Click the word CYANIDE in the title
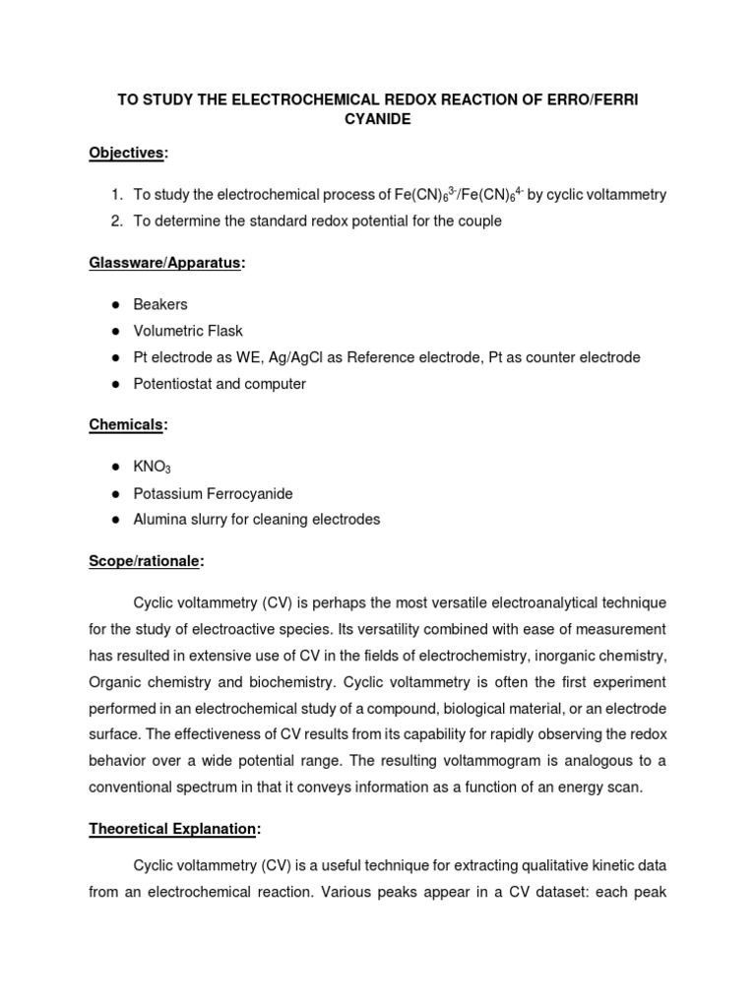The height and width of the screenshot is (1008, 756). tap(377, 118)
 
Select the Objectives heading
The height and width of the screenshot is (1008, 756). tap(127, 154)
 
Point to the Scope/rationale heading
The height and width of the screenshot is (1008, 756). tap(146, 560)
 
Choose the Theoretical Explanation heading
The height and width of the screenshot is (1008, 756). tap(172, 829)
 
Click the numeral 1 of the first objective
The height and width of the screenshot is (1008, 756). tap(115, 195)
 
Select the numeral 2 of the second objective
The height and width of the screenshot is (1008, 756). tap(115, 221)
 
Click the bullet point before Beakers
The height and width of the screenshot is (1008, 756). tap(116, 305)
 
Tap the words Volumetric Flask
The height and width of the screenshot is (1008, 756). tap(188, 332)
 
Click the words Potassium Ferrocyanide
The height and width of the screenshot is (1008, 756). tap(213, 493)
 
